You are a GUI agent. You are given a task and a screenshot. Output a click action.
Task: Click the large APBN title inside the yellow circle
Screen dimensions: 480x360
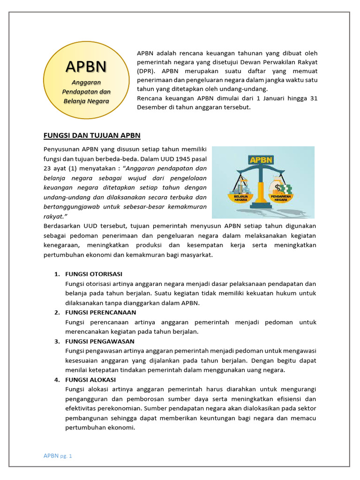[86, 67]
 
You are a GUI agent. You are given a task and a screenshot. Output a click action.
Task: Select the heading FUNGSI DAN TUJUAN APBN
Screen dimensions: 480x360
[92, 135]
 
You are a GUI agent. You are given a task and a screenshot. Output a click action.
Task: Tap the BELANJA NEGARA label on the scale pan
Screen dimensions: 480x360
[240, 197]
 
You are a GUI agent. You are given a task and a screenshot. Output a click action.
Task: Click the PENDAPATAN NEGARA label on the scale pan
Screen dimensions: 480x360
[280, 197]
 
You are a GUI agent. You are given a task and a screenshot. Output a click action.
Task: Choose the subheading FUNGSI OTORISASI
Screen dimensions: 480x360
[94, 274]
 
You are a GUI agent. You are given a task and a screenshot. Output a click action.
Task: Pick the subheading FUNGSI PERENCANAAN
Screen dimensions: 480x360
[101, 312]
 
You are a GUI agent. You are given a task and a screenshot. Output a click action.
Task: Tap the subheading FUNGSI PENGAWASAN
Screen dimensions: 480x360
[100, 341]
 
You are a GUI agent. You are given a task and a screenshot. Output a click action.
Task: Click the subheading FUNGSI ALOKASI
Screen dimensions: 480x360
[90, 379]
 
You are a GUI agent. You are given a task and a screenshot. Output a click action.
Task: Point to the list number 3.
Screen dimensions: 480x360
[57, 341]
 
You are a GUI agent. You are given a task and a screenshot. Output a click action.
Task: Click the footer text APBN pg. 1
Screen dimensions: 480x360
[58, 455]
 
